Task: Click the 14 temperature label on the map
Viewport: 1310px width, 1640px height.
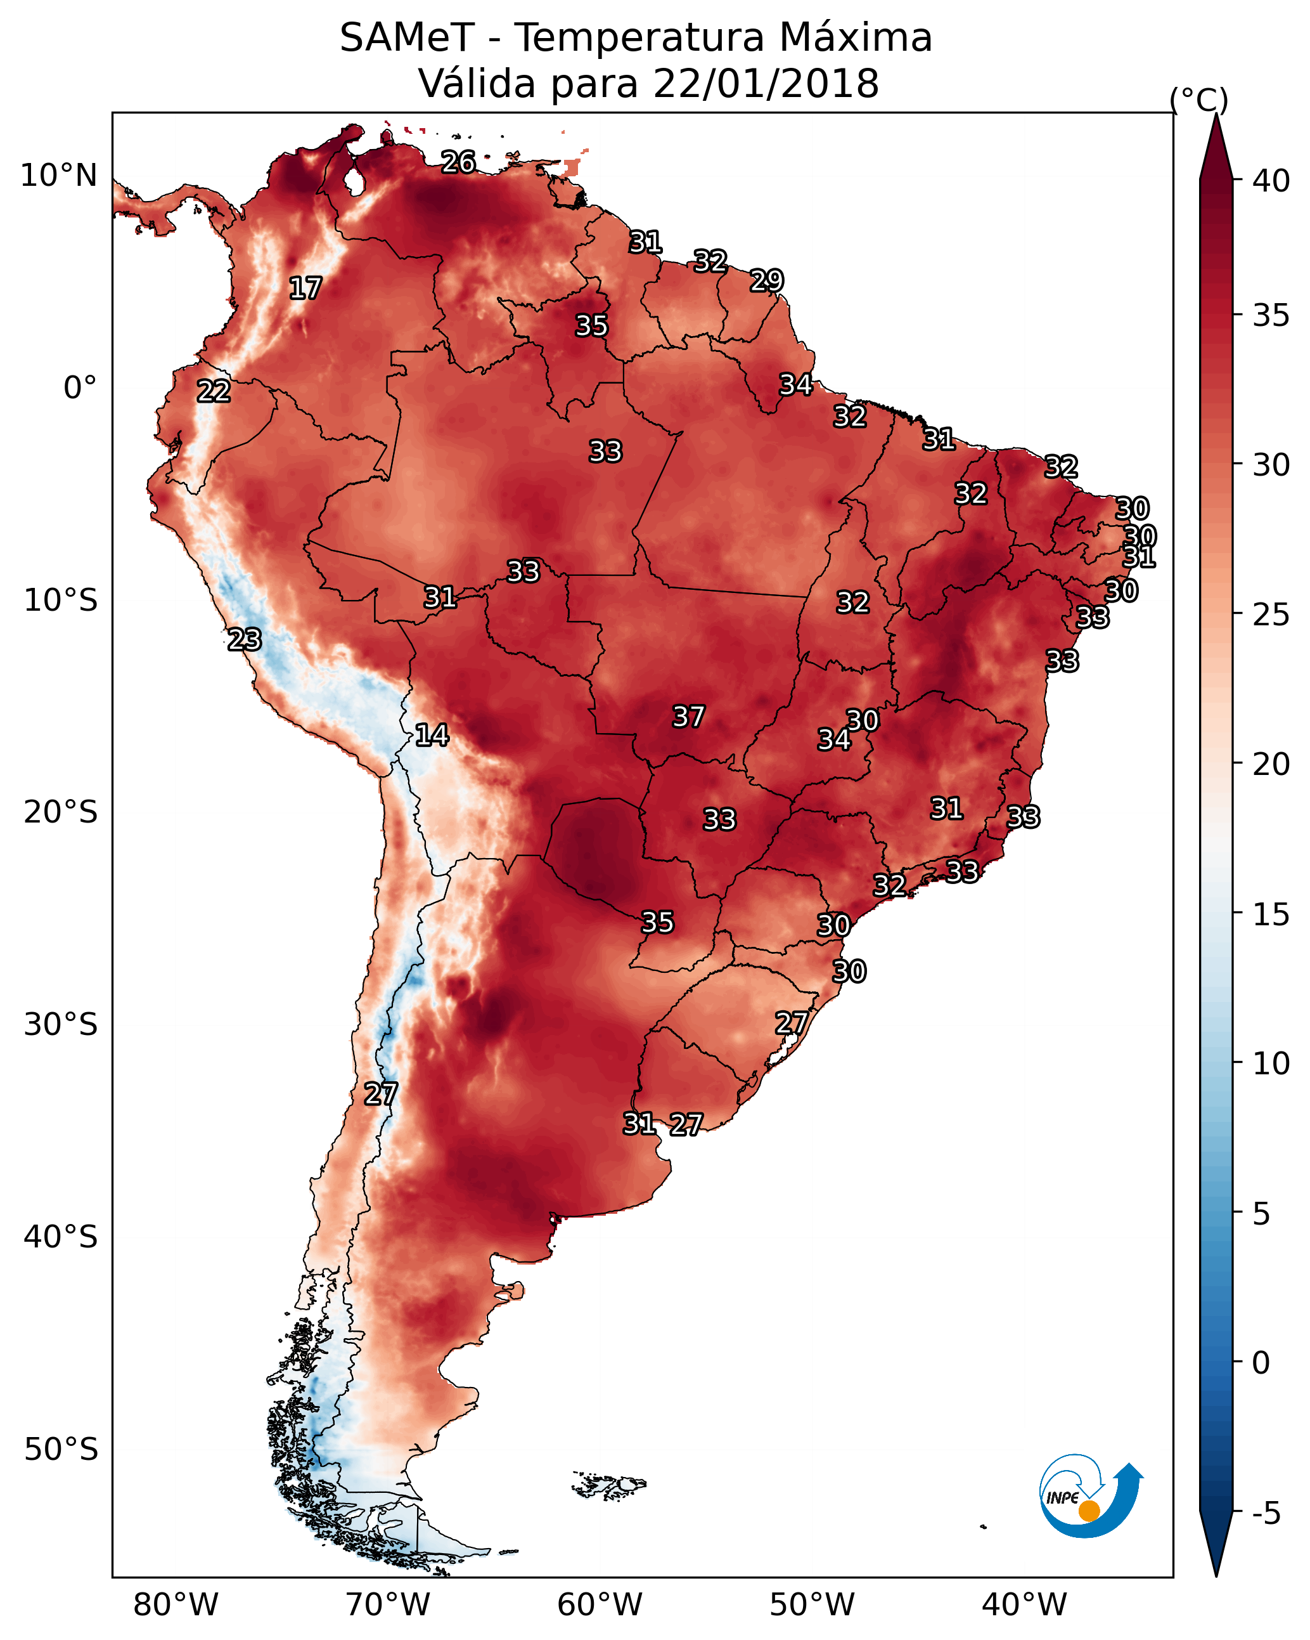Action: click(x=432, y=735)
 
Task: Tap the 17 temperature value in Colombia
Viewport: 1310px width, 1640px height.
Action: click(x=305, y=289)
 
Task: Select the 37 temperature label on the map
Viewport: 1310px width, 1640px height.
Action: click(x=689, y=716)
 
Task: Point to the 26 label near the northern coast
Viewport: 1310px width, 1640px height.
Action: click(x=458, y=162)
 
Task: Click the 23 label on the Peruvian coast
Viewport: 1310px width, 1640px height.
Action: click(x=245, y=640)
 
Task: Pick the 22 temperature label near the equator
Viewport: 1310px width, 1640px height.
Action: click(x=214, y=391)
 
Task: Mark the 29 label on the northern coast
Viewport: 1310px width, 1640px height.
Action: click(x=766, y=281)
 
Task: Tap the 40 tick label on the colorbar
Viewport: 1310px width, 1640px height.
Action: click(x=1271, y=181)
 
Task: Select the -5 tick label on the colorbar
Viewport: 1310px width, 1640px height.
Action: click(x=1267, y=1513)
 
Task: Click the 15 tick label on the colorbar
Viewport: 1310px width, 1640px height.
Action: click(x=1271, y=914)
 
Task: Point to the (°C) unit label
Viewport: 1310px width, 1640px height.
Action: click(x=1199, y=100)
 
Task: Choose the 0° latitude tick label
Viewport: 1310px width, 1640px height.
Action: click(x=80, y=388)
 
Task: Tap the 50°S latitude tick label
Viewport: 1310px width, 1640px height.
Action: click(x=61, y=1450)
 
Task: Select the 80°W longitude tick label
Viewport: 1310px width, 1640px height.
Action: click(x=176, y=1605)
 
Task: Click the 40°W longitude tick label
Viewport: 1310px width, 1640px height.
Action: click(x=1024, y=1605)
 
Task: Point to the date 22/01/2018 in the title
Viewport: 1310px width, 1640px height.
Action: click(x=766, y=84)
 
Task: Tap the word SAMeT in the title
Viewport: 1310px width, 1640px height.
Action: click(x=407, y=38)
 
